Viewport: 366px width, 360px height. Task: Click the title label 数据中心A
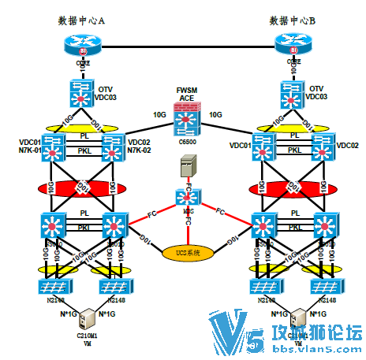click(82, 20)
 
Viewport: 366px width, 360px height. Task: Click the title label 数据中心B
click(293, 20)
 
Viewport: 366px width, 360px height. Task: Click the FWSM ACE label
click(186, 93)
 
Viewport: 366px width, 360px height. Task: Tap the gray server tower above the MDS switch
click(187, 166)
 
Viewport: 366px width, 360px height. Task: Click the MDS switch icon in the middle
click(187, 199)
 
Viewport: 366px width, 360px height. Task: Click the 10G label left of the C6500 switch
click(159, 115)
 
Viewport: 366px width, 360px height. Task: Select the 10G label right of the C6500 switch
click(215, 115)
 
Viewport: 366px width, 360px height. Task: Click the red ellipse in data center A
click(82, 188)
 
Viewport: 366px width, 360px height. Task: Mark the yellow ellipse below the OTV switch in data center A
click(82, 125)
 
